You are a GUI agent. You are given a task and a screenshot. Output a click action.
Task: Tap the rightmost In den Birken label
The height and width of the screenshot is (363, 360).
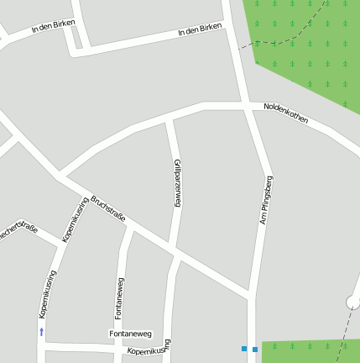point(201,29)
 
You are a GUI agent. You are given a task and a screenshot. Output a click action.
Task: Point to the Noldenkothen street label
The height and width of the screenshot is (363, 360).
point(286,113)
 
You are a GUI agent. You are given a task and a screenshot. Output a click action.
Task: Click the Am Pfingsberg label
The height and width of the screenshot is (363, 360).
point(267,200)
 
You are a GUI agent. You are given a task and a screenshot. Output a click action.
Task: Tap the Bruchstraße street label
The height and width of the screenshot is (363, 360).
point(108,210)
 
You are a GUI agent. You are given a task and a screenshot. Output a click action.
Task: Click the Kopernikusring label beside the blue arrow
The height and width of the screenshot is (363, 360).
point(48,293)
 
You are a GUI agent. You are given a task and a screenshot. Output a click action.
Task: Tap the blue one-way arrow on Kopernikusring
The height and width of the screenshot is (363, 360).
point(41,332)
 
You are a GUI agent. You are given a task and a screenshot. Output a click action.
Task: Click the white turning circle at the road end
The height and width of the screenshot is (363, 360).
point(352,302)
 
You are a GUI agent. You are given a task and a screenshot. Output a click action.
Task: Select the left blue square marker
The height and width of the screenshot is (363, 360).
point(244,348)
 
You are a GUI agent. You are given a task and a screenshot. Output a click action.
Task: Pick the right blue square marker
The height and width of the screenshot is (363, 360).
point(255,349)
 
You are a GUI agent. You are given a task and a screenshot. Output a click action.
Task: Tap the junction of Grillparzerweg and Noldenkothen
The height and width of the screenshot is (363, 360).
point(170,120)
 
